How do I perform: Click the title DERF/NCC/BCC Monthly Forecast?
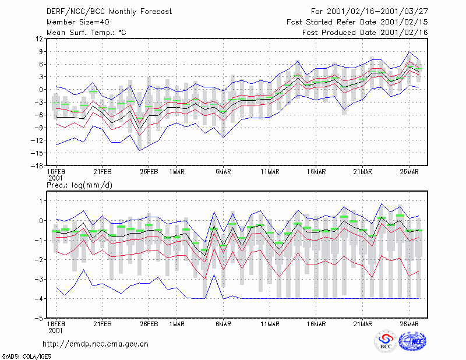coord(109,12)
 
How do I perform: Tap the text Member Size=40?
coord(78,22)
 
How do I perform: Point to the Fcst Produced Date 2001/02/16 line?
coord(365,33)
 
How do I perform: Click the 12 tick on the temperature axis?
coord(39,39)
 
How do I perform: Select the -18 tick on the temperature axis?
coord(37,166)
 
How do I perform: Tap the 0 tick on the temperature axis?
coord(41,90)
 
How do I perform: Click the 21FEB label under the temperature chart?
coord(103,172)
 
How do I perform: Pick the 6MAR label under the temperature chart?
coord(223,172)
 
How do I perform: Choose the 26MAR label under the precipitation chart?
coord(409,324)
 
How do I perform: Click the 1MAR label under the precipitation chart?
coord(177,324)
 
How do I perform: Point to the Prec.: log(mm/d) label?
coord(79,185)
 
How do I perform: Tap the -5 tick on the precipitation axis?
coord(38,318)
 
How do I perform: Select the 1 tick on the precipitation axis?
coord(41,201)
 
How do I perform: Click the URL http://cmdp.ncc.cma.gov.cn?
coord(96,344)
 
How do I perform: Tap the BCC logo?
coord(386,341)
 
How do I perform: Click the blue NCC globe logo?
coord(412,341)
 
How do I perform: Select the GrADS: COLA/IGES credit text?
coord(26,357)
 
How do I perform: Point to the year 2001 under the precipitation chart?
coord(55,331)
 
